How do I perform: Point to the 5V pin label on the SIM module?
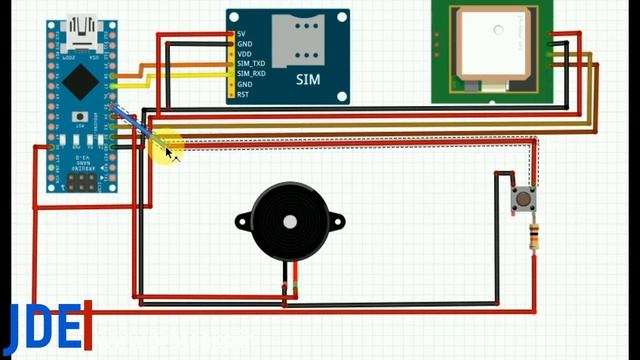click(242, 35)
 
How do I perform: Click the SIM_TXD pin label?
click(250, 64)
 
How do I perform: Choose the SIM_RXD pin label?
click(250, 74)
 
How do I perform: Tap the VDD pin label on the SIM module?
click(244, 54)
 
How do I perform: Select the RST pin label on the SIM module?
click(243, 94)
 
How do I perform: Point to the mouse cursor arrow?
click(170, 151)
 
